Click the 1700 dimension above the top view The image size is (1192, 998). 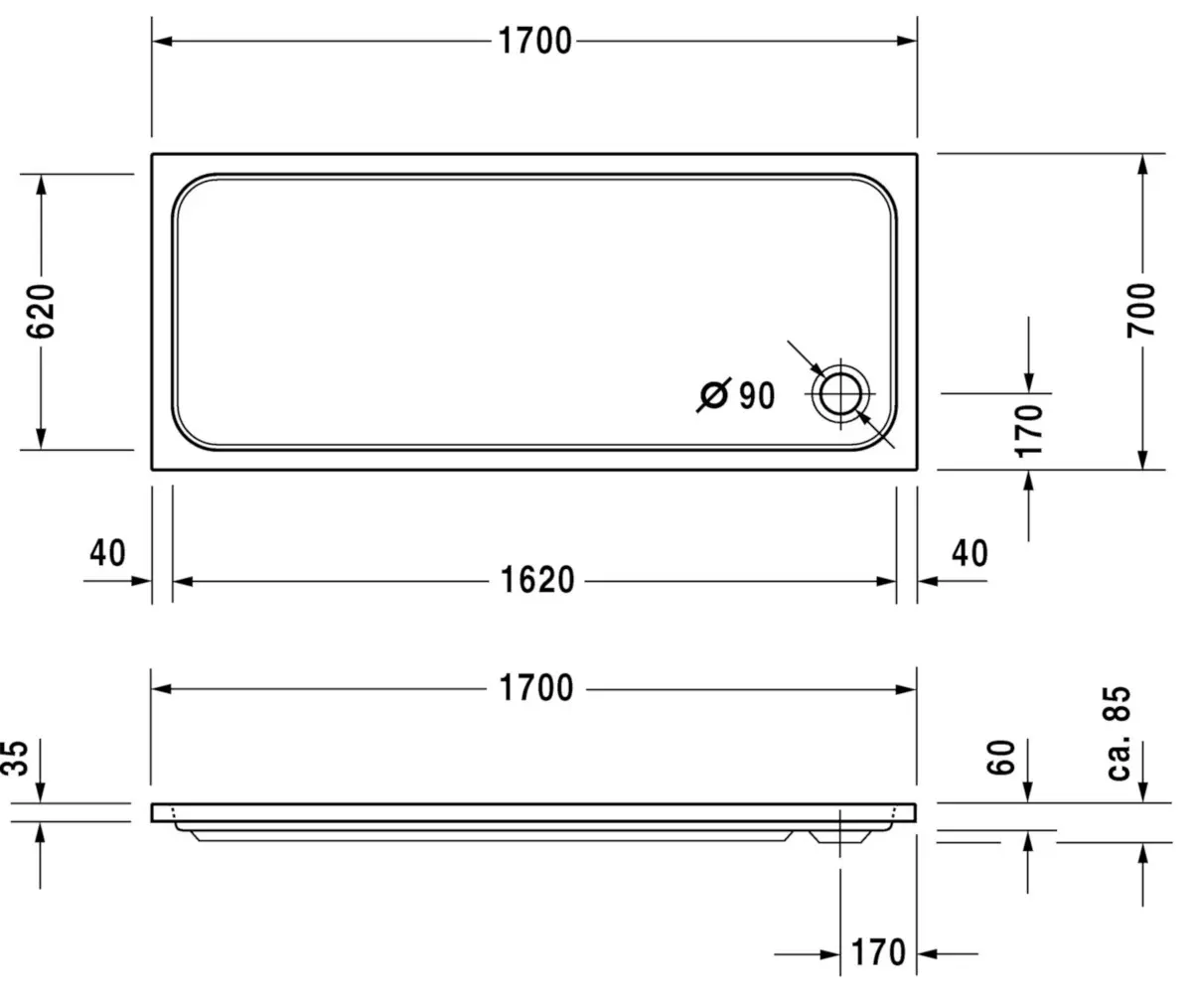[535, 41]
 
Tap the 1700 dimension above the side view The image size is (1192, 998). [536, 688]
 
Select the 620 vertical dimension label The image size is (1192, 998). [42, 311]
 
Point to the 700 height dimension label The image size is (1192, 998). [1141, 310]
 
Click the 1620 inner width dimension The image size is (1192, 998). [537, 580]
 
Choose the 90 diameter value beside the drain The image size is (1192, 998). [757, 395]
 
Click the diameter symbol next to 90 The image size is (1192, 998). [713, 395]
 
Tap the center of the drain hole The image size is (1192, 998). [840, 393]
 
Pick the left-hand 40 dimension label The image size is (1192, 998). [107, 553]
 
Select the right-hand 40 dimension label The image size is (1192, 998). [969, 553]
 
